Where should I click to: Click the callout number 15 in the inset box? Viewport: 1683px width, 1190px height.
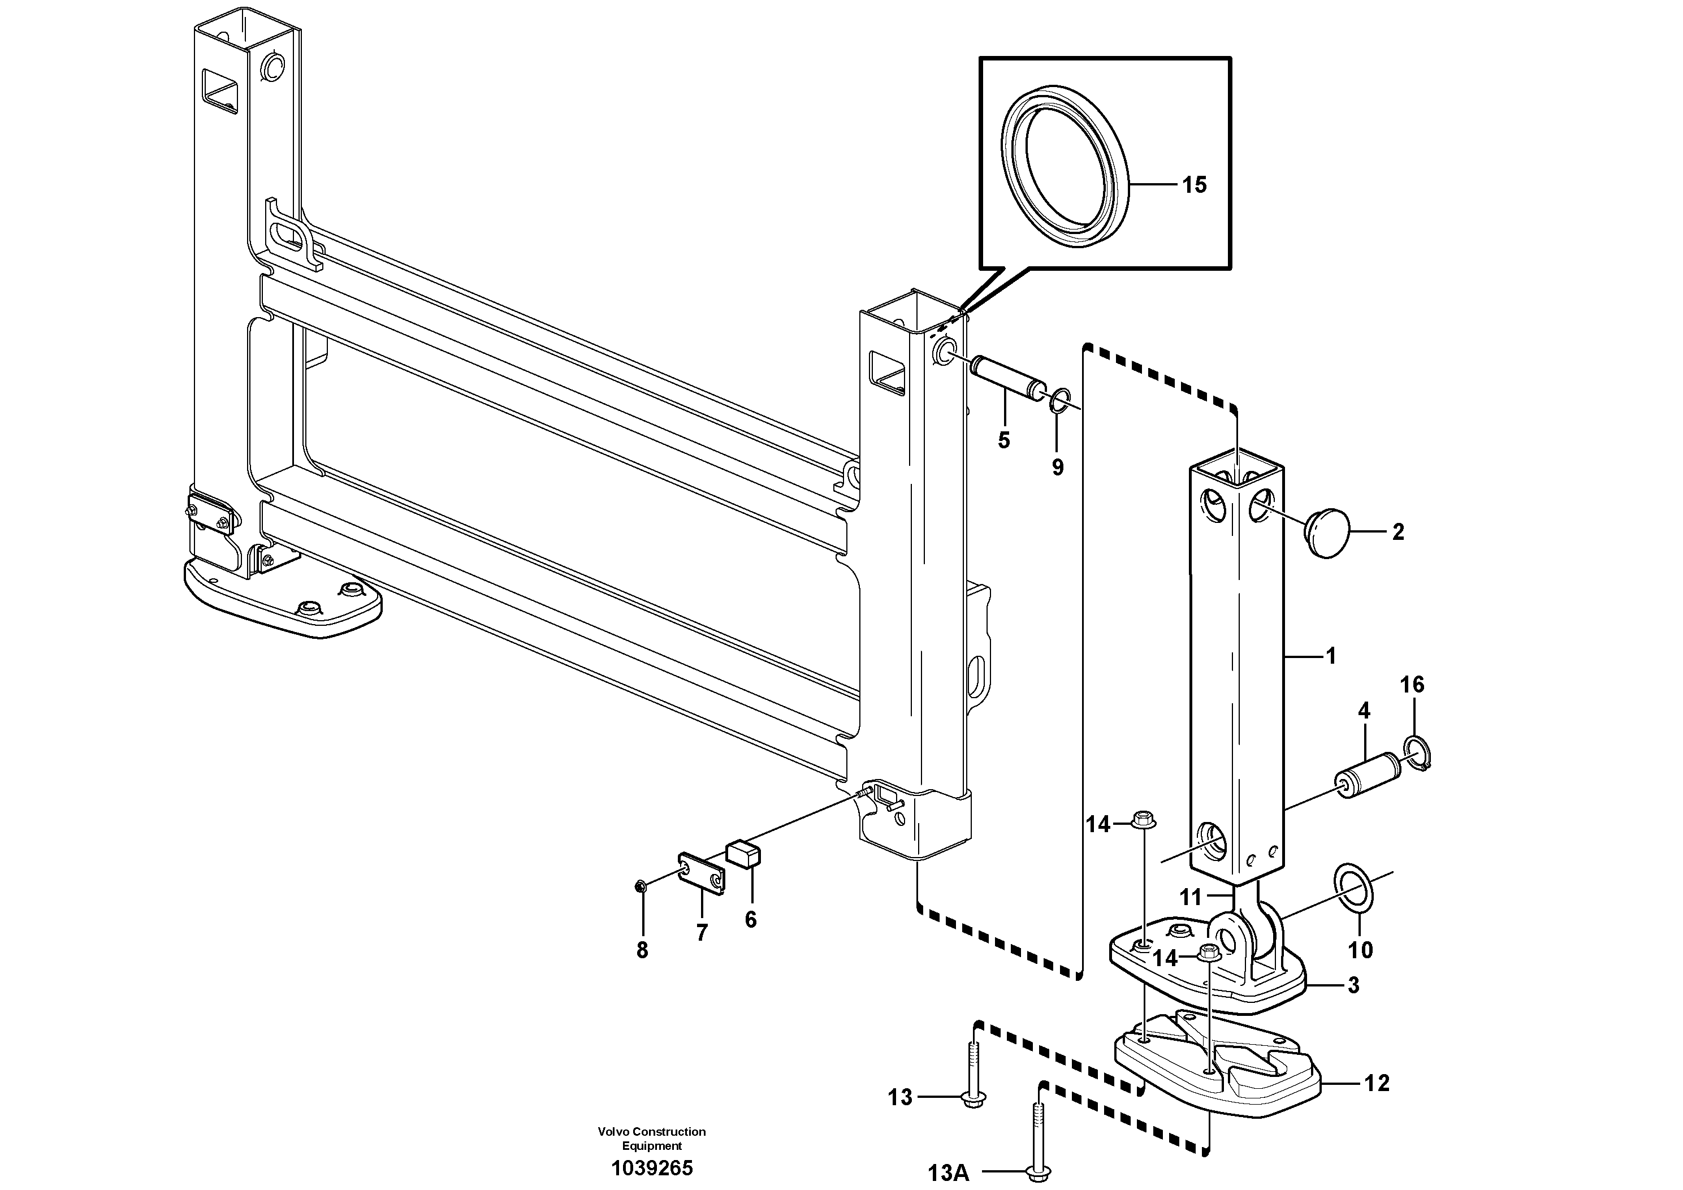click(1194, 185)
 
